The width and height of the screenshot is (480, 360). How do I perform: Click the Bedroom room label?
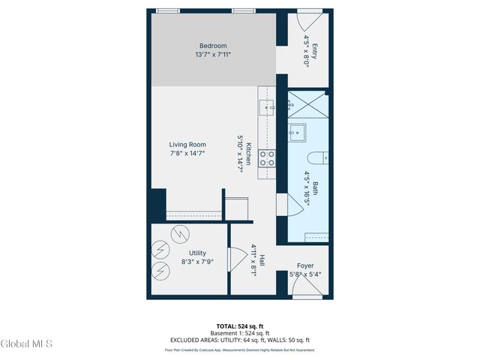pos(214,45)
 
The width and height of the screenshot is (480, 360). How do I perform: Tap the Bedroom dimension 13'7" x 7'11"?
pos(214,54)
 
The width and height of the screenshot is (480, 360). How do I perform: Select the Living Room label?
pos(187,145)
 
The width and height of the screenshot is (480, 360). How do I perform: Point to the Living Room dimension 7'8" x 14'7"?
pos(187,154)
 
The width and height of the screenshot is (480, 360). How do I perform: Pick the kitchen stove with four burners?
pos(266,158)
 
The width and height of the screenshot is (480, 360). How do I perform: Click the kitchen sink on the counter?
pos(266,107)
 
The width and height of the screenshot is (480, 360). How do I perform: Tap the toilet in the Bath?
pos(316,158)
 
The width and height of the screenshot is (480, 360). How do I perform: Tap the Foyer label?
pos(305,265)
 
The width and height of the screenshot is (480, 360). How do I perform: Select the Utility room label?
pos(197,253)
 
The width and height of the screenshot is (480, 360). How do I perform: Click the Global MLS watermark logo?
pos(27,343)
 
